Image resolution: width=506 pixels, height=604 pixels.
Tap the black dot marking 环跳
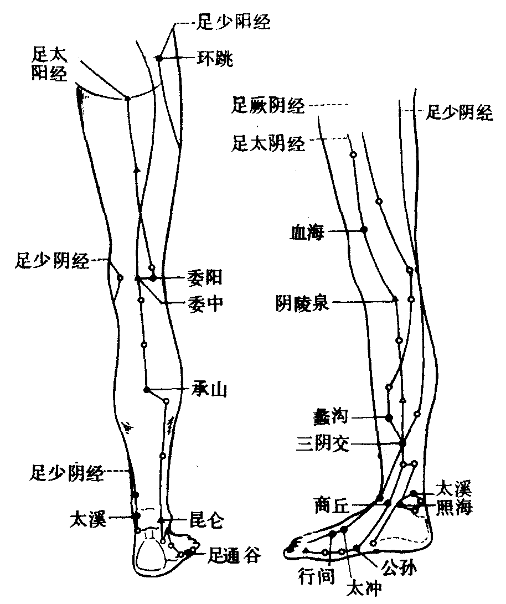(158, 58)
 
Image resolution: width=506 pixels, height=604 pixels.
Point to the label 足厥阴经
(269, 105)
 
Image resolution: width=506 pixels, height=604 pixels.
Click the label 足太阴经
(269, 144)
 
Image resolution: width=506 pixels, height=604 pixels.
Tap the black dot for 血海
(364, 229)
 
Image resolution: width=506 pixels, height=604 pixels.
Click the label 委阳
(205, 277)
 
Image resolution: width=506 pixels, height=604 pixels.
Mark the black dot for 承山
(147, 390)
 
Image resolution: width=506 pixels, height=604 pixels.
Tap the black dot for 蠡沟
(389, 417)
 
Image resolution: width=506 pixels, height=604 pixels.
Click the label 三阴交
(324, 443)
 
